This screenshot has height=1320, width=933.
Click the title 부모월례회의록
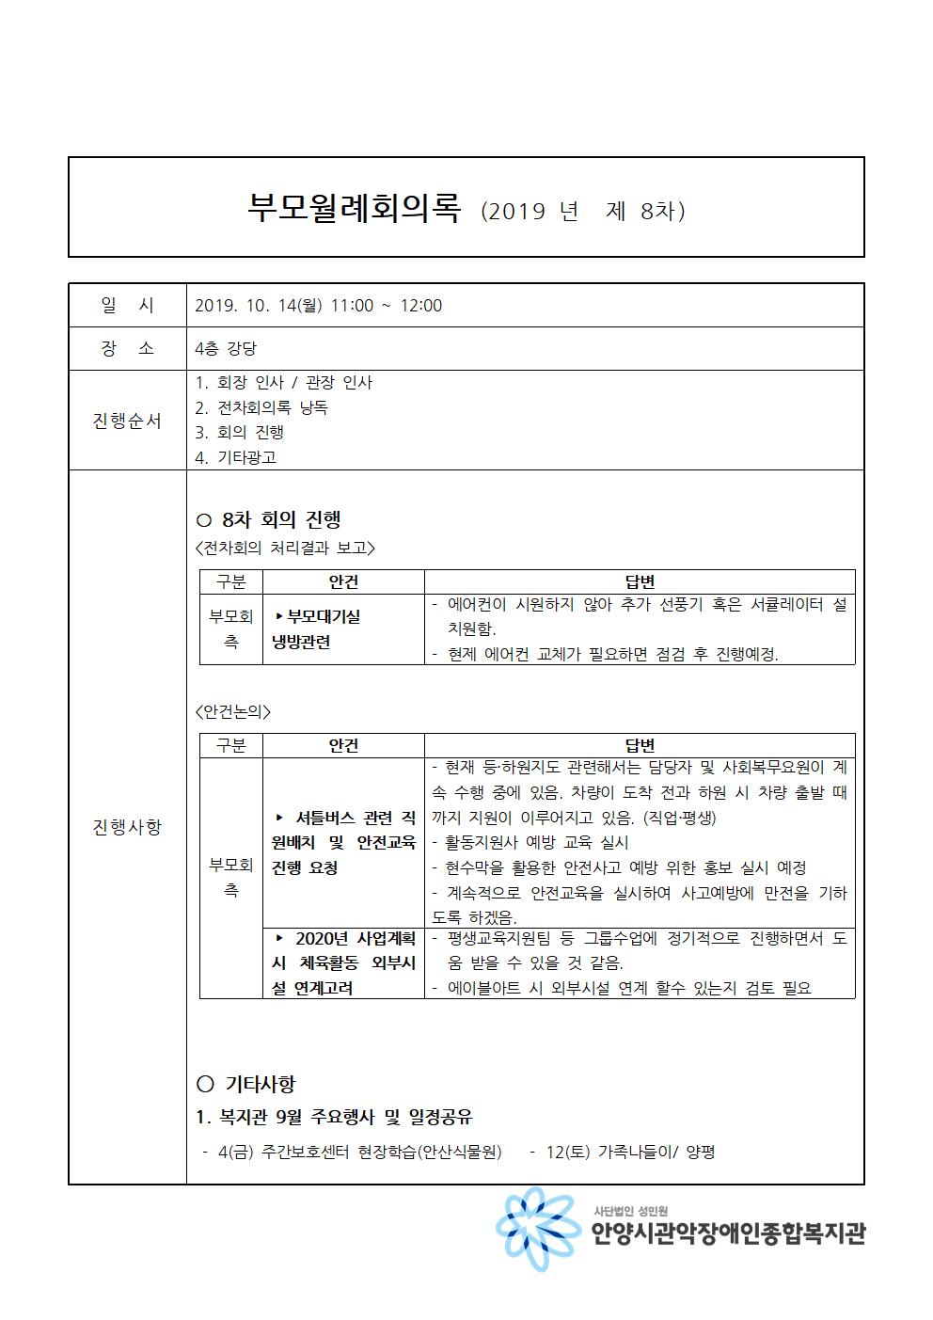tap(354, 208)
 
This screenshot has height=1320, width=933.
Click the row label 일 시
tap(127, 306)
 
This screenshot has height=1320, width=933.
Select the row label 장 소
tap(127, 349)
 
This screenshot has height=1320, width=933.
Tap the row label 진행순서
tap(127, 421)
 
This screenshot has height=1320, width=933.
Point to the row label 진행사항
tap(127, 827)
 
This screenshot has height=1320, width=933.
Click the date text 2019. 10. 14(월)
tap(258, 306)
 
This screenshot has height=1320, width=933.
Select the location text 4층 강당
tap(225, 349)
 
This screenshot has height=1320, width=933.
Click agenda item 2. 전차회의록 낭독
tap(261, 408)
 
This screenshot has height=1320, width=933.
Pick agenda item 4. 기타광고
tap(236, 458)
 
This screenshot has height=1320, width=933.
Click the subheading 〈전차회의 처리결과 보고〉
tap(285, 548)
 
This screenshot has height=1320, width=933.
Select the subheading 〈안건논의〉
tap(232, 712)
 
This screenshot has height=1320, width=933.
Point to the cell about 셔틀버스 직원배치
tap(343, 842)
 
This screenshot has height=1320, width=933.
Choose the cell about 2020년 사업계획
tap(343, 963)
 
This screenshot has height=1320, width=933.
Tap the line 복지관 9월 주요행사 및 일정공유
tap(334, 1118)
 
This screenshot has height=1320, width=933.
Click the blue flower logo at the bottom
tap(533, 1230)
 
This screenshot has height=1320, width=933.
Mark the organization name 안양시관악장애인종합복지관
tap(728, 1234)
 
